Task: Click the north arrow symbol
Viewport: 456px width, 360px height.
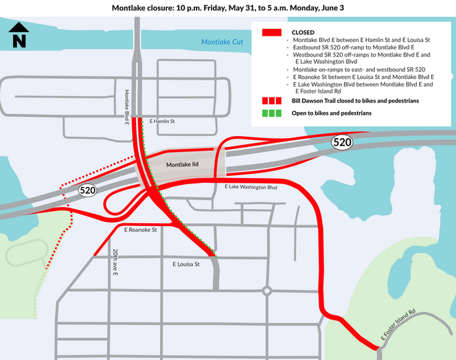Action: pyautogui.click(x=19, y=36)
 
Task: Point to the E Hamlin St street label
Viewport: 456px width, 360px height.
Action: pyautogui.click(x=162, y=121)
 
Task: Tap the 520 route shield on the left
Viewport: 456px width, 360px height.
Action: pyautogui.click(x=87, y=190)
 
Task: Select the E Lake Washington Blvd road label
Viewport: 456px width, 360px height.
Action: pyautogui.click(x=251, y=187)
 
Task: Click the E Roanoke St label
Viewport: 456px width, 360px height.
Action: pyautogui.click(x=141, y=229)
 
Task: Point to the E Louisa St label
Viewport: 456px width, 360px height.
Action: pyautogui.click(x=185, y=264)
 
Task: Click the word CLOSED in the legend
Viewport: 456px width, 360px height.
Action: pyautogui.click(x=303, y=32)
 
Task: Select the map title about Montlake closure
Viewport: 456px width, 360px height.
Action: pyautogui.click(x=227, y=8)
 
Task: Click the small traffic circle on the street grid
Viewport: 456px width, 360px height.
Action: pyautogui.click(x=267, y=291)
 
